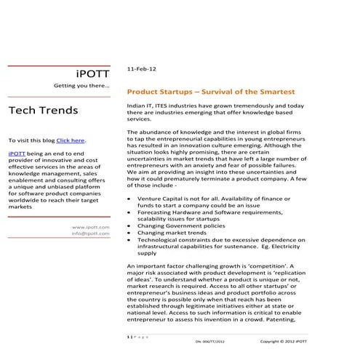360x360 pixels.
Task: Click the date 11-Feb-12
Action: [140, 68]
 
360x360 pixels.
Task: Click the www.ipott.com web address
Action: [91, 228]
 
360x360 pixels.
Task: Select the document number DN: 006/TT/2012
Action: [213, 340]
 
